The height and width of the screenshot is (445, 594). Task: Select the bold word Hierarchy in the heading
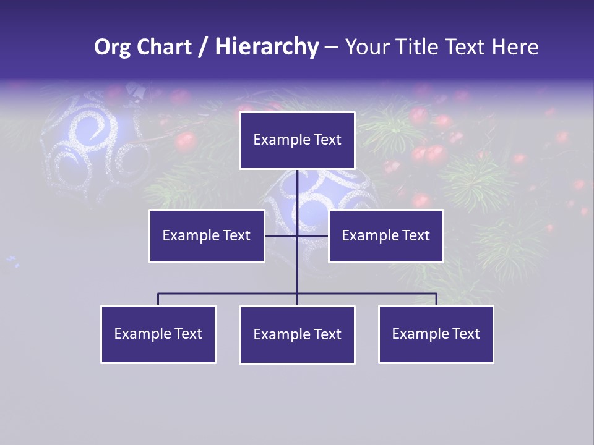(267, 47)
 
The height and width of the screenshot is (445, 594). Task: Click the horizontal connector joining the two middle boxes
(282, 235)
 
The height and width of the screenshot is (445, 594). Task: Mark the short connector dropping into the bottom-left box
(158, 299)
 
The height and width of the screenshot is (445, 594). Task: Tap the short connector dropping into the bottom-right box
(436, 299)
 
